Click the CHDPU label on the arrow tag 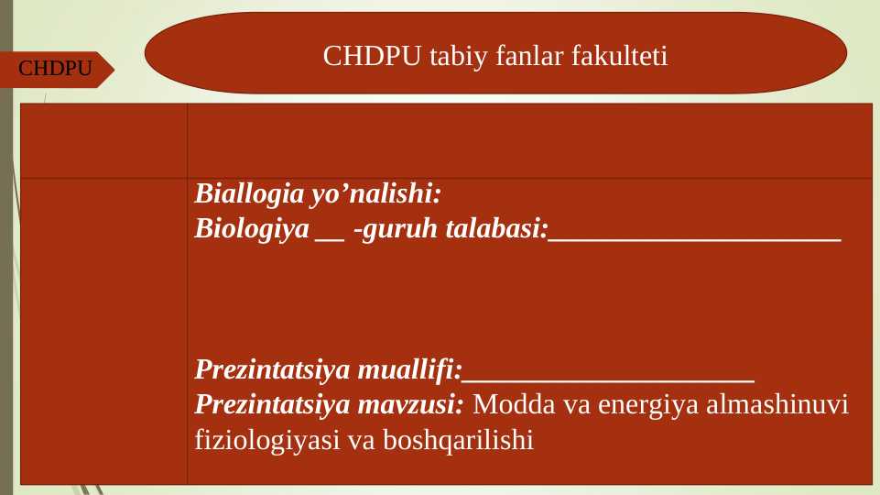(56, 69)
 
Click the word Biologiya (252, 229)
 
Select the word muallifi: (409, 370)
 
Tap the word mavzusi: (411, 404)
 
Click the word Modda (505, 404)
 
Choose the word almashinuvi (777, 404)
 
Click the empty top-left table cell (103, 140)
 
